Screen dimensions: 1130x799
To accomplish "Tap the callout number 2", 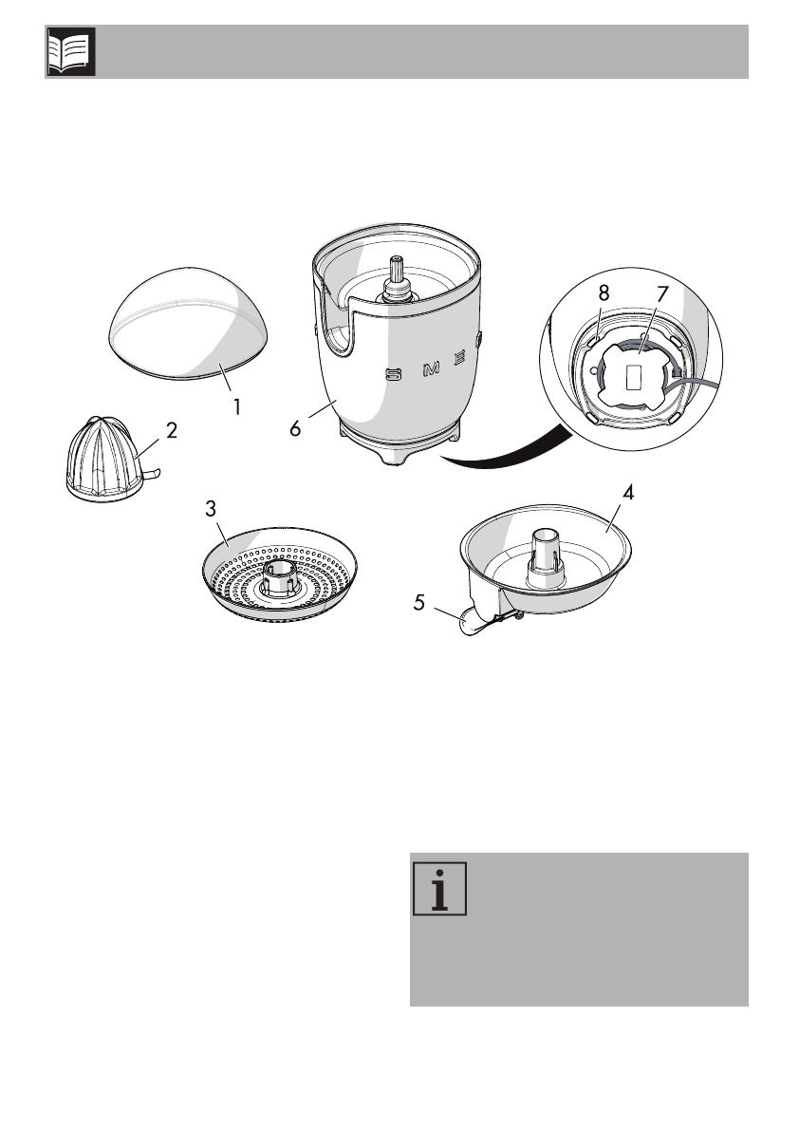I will [x=172, y=430].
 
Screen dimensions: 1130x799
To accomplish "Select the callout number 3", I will [x=211, y=509].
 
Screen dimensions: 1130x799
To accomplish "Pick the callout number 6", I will [x=296, y=428].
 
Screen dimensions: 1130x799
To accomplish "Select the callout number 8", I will [x=604, y=295].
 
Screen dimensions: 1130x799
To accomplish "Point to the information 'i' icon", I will [x=440, y=890].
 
